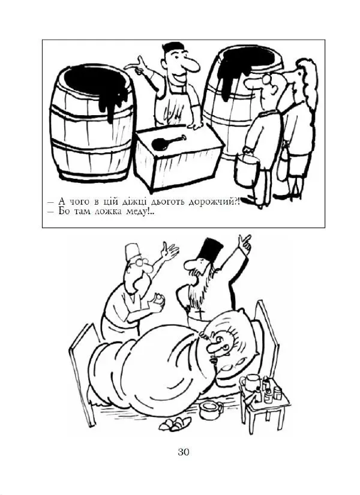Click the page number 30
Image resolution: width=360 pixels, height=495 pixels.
184,452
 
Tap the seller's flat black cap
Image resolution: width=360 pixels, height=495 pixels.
173,47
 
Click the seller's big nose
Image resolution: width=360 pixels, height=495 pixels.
191,65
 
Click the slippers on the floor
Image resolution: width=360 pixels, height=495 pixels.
176,424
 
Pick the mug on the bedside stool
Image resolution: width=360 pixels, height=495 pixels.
249,383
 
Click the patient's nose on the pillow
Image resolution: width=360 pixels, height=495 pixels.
215,345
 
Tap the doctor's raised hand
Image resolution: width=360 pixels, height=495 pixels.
169,251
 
